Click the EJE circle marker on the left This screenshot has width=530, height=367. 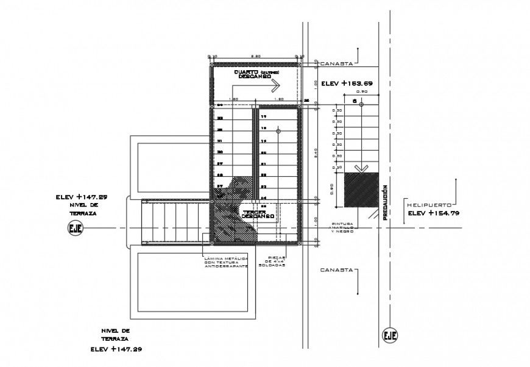[76, 229]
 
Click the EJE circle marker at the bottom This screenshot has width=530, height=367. [390, 335]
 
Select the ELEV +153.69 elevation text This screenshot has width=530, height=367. [348, 82]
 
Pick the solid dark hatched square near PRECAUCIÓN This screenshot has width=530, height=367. [359, 191]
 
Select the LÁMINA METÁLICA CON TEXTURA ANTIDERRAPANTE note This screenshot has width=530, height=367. [227, 263]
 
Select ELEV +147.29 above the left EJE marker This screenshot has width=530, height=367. [81, 197]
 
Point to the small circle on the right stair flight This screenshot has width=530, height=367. [278, 130]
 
